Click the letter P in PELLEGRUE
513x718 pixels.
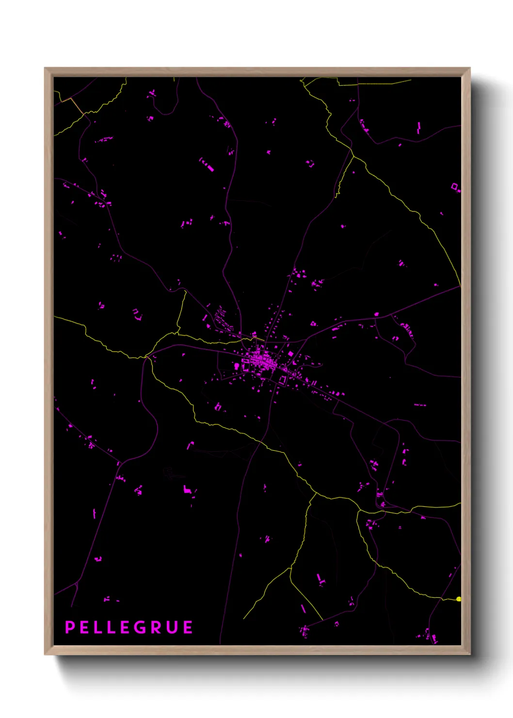click(x=70, y=627)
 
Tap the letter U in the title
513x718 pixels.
click(x=172, y=627)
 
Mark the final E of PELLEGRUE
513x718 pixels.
click(x=188, y=627)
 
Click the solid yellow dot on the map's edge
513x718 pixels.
click(x=459, y=599)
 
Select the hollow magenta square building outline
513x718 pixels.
click(x=455, y=186)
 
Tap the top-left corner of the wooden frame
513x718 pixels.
click(x=47, y=70)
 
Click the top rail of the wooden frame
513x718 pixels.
click(x=257, y=72)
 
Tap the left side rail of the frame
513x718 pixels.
click(x=48, y=359)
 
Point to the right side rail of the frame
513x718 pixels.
click(x=465, y=359)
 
